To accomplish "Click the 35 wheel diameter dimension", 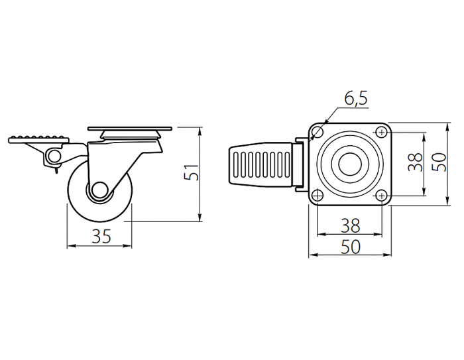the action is click(101, 236).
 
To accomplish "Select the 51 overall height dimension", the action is click(191, 172).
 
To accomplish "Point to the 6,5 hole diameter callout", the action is click(356, 98).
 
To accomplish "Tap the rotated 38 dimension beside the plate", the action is click(415, 162).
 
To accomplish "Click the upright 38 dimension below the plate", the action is click(351, 225).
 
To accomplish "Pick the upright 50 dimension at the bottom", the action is click(351, 247).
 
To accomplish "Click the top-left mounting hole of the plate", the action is click(318, 132).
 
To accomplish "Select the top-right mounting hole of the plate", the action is click(382, 132).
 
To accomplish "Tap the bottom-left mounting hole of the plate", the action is click(318, 196).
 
